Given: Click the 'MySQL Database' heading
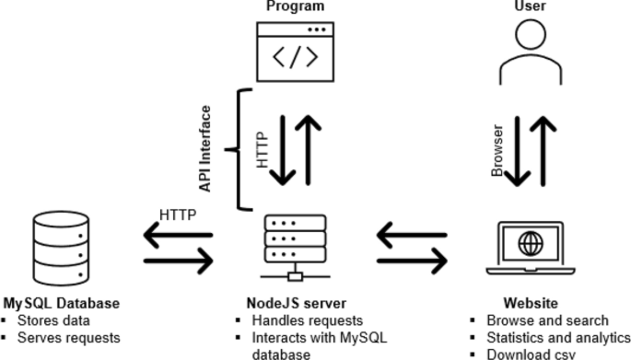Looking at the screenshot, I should [x=61, y=303].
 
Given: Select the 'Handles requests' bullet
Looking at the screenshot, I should [x=302, y=320].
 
